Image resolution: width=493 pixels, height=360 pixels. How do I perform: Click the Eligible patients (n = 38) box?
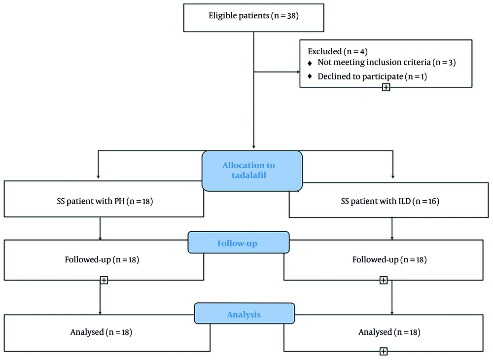(x=253, y=18)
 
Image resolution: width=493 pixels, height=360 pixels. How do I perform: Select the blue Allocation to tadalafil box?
(x=252, y=171)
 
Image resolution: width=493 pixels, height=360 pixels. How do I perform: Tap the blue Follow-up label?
(x=238, y=243)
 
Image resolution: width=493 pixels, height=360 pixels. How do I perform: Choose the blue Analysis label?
(x=245, y=313)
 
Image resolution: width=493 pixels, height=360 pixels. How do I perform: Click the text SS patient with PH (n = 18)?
(x=105, y=201)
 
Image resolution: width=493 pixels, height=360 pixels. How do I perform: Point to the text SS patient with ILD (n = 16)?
(x=390, y=201)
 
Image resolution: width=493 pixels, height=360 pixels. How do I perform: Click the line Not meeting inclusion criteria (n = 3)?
(x=387, y=62)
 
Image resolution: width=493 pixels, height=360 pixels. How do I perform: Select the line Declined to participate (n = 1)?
(x=372, y=76)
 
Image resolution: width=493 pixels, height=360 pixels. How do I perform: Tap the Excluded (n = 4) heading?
(x=337, y=51)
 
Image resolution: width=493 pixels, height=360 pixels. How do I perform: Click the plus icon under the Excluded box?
(x=386, y=87)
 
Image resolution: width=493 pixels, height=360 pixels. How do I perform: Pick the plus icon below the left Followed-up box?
(x=104, y=280)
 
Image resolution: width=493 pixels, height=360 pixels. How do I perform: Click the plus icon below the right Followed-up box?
(x=383, y=280)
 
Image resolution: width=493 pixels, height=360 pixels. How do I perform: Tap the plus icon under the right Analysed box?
(x=383, y=351)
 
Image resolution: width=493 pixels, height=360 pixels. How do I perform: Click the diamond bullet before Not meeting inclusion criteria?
(x=310, y=63)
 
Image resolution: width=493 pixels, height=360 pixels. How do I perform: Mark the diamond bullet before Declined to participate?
(x=310, y=76)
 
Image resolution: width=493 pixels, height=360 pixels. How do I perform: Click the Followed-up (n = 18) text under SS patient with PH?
(x=102, y=260)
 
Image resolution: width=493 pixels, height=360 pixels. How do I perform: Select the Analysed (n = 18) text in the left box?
(x=101, y=332)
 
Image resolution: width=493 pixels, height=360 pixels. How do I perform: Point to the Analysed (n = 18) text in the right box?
(x=389, y=332)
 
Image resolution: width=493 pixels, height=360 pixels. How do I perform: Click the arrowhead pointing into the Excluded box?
(x=298, y=72)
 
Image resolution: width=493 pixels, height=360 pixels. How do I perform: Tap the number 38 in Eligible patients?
(x=291, y=16)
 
